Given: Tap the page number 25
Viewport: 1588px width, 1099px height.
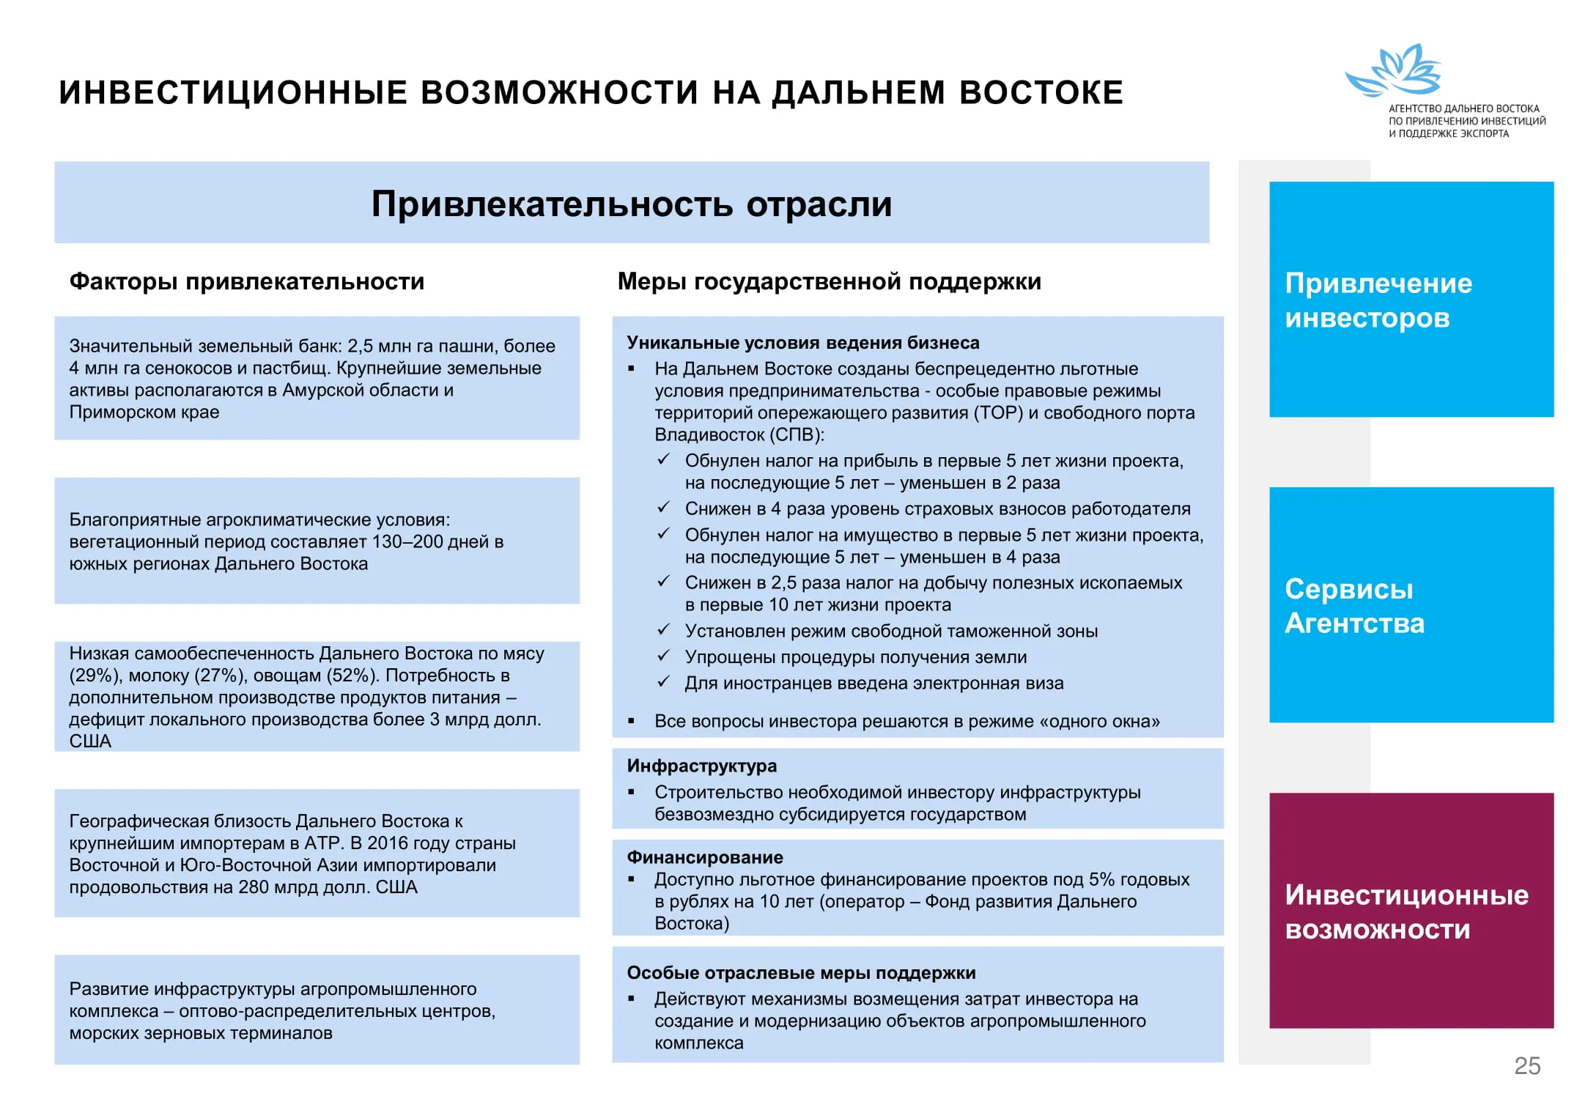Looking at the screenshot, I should pos(1527,1065).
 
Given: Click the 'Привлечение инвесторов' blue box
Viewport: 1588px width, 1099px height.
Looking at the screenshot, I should pos(1411,299).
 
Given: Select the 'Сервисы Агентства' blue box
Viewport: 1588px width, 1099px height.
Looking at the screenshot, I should pos(1411,604).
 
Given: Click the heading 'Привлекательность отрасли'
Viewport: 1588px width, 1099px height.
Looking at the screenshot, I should pos(632,204).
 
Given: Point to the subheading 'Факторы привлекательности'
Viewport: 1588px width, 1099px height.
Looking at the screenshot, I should pos(247,281).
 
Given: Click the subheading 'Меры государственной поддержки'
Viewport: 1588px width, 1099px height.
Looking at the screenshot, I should pos(829,281).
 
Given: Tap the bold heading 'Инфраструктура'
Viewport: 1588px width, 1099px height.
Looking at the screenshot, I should pos(701,766).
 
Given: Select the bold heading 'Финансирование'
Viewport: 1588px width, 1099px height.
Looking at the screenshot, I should pos(704,857).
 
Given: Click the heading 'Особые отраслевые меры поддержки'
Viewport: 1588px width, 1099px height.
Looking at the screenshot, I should pos(801,972).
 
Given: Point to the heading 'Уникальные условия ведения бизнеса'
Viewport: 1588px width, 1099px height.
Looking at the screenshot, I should pos(802,343).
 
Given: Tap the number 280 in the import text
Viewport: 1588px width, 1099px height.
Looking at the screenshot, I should pos(254,887).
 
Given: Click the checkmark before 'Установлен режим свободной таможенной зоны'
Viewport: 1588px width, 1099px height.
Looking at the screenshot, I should pos(664,630).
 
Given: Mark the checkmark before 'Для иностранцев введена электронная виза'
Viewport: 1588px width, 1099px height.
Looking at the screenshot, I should pos(664,682).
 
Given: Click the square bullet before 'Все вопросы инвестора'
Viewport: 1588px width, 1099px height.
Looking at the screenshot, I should pos(632,722).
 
